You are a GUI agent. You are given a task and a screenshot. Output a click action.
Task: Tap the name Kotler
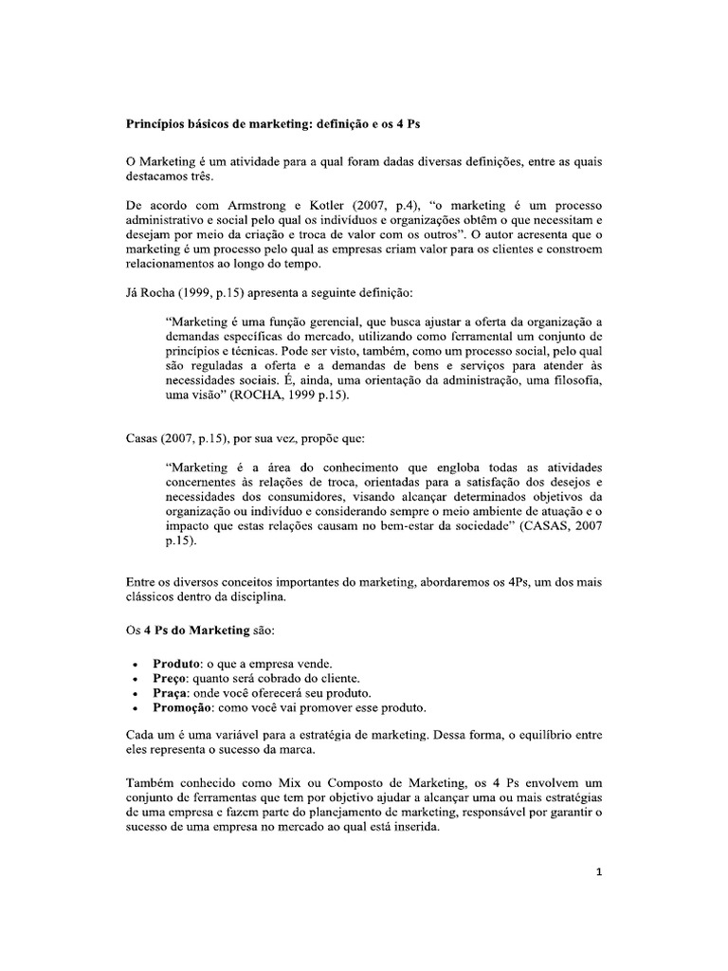[x=333, y=206]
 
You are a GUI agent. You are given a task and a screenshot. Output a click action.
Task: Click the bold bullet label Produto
[x=167, y=663]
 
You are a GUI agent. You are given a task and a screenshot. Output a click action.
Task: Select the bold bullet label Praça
[x=161, y=693]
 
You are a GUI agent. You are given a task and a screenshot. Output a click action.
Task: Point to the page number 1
[x=598, y=873]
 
